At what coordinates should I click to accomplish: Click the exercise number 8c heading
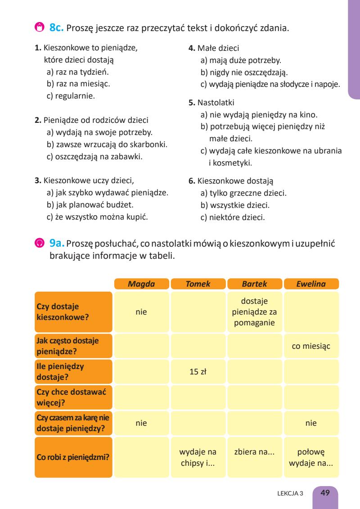click(58, 28)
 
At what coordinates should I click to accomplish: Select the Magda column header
click(141, 284)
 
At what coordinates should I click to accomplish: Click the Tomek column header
click(198, 284)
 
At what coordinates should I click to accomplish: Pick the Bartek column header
click(255, 284)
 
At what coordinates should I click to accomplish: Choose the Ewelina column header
click(311, 284)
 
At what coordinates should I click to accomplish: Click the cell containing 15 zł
click(198, 372)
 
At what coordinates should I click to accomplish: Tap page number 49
click(325, 492)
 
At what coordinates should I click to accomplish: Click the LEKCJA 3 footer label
click(291, 493)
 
